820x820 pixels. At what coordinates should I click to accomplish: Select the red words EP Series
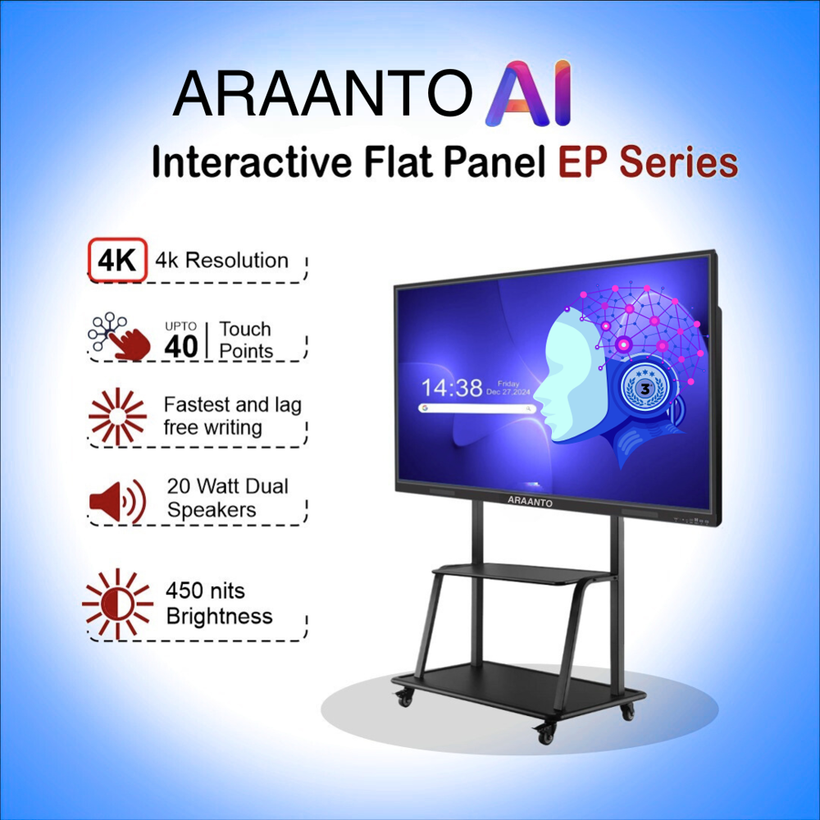648,162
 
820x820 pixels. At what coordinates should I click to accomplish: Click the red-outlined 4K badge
117,260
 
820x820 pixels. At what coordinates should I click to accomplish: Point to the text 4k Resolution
216,261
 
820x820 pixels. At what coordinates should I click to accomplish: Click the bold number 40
181,346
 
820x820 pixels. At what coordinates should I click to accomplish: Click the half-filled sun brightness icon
117,604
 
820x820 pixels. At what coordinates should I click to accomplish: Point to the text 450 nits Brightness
218,604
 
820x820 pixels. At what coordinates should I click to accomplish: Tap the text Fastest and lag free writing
231,416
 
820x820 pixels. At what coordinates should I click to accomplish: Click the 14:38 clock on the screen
452,387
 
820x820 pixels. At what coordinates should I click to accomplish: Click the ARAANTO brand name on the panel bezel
530,500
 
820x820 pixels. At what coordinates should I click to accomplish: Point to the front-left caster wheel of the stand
404,699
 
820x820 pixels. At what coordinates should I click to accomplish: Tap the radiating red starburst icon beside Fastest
117,416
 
